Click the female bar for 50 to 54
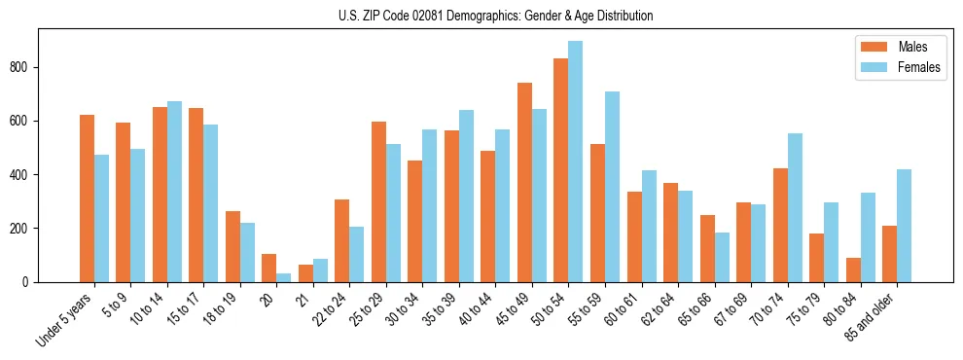tap(575, 162)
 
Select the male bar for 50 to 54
tap(561, 170)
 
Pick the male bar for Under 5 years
tap(87, 198)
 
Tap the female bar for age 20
tap(283, 277)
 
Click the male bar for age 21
tap(305, 273)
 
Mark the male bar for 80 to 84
tap(853, 270)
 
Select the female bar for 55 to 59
tap(612, 187)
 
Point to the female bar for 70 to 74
tap(795, 207)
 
